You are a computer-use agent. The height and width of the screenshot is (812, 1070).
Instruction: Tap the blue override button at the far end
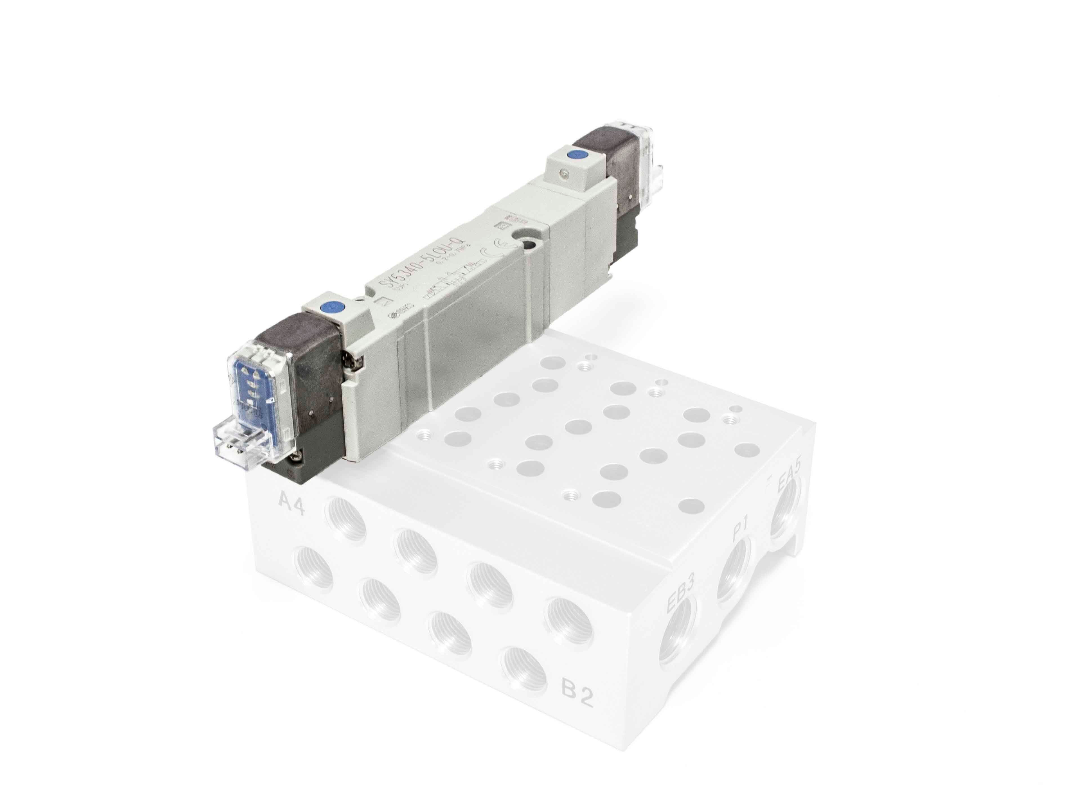tap(574, 155)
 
